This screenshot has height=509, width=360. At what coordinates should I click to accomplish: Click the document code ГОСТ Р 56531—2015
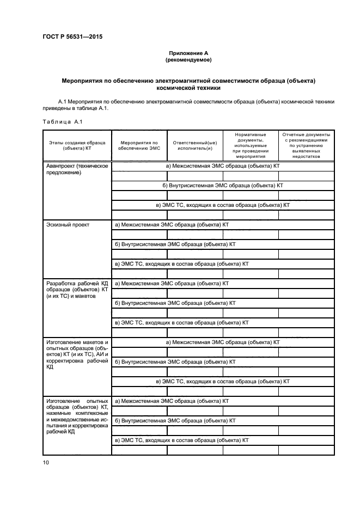pos(72,37)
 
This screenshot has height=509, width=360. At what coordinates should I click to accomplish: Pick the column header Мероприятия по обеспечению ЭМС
pos(139,144)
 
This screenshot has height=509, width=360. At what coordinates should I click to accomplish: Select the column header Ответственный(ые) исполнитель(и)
pos(195,144)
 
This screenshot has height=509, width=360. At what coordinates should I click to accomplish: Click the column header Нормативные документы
pos(251,144)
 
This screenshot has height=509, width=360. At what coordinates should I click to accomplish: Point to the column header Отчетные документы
pos(307,144)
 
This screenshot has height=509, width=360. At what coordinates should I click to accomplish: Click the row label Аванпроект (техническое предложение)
pos(77,169)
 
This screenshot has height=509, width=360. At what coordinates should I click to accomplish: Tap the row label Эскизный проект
pos(68,224)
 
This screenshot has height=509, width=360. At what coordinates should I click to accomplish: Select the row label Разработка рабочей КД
pos(77,290)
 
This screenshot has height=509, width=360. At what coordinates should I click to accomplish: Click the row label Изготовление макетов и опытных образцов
pos(77,355)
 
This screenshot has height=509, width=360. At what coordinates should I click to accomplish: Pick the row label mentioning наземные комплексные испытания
pos(77,416)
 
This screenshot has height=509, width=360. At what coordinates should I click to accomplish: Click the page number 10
pos(46,462)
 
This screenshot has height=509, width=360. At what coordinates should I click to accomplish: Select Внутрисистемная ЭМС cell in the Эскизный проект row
pos(175,244)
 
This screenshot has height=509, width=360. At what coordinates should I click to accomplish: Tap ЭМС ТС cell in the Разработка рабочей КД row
pos(181,322)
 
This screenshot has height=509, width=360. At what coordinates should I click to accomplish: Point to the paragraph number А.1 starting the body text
pos(63,101)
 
